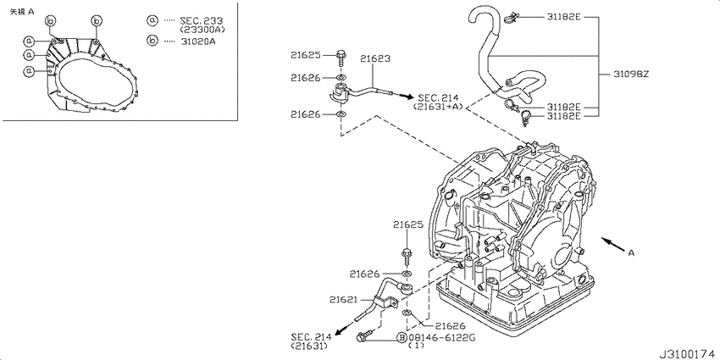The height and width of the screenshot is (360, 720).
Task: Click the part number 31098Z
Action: pyautogui.click(x=631, y=74)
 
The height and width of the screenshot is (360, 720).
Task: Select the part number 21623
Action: pyautogui.click(x=375, y=58)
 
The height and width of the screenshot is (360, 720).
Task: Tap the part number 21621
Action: pyautogui.click(x=342, y=300)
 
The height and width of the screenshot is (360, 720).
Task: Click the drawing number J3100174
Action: pyautogui.click(x=688, y=355)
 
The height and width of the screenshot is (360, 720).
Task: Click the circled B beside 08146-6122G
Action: pyautogui.click(x=402, y=338)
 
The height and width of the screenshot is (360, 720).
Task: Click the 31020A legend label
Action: pyautogui.click(x=197, y=41)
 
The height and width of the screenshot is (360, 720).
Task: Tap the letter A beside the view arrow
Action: pyautogui.click(x=631, y=252)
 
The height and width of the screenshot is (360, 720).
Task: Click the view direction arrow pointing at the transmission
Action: pyautogui.click(x=613, y=245)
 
